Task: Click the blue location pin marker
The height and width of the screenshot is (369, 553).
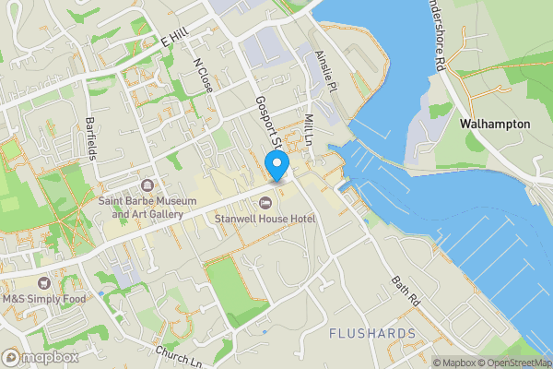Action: [x=276, y=166]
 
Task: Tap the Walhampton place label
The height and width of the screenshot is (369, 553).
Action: [x=499, y=123]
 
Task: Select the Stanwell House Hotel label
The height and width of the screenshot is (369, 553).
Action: [x=265, y=219]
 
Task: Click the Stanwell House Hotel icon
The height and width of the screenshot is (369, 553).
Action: [x=265, y=203]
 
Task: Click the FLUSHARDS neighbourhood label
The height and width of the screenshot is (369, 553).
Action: [x=371, y=332]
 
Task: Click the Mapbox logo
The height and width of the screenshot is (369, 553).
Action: [x=39, y=357]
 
